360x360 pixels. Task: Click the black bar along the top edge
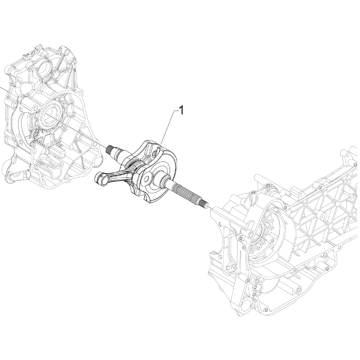point(180,9)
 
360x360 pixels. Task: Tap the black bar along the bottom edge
point(180,351)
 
